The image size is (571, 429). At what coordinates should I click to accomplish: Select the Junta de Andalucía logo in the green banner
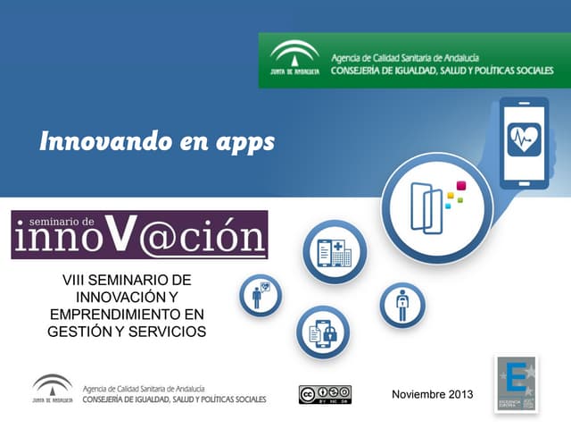(294, 60)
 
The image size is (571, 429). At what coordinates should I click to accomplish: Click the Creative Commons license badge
(325, 394)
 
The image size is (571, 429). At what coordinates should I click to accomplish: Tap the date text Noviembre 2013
(433, 394)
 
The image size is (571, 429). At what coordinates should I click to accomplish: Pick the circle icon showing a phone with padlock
(322, 332)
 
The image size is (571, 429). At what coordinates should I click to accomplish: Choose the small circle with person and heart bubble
(261, 295)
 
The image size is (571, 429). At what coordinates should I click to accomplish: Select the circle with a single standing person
(401, 306)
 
